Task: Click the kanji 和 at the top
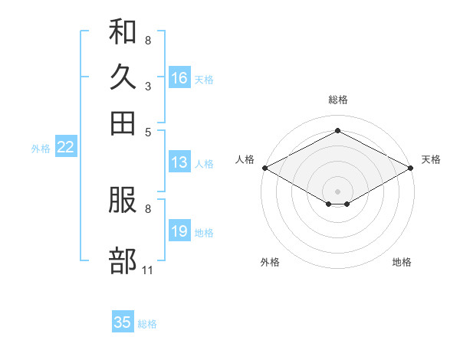[x=123, y=31]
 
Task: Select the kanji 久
[x=123, y=77]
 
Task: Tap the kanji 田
[x=123, y=123]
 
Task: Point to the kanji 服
[x=123, y=200]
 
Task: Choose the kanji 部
[x=123, y=260]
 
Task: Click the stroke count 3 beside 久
[x=148, y=87]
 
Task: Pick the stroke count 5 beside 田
[x=148, y=133]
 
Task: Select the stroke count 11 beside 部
[x=147, y=270]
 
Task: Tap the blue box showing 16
[x=180, y=77]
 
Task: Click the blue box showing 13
[x=180, y=162]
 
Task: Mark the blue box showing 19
[x=180, y=230]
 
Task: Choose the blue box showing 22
[x=66, y=146]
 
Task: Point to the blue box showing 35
[x=123, y=321]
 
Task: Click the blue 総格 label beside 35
[x=147, y=324]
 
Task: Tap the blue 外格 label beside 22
[x=41, y=149]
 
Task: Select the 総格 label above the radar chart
[x=338, y=100]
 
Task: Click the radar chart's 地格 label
[x=402, y=262]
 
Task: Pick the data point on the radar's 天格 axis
[x=411, y=168]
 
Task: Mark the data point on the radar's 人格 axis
[x=265, y=168]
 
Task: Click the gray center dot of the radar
[x=337, y=191]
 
